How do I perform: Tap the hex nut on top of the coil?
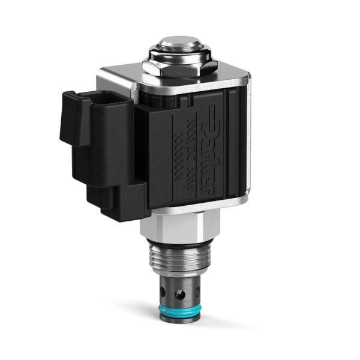(x=176, y=68)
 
